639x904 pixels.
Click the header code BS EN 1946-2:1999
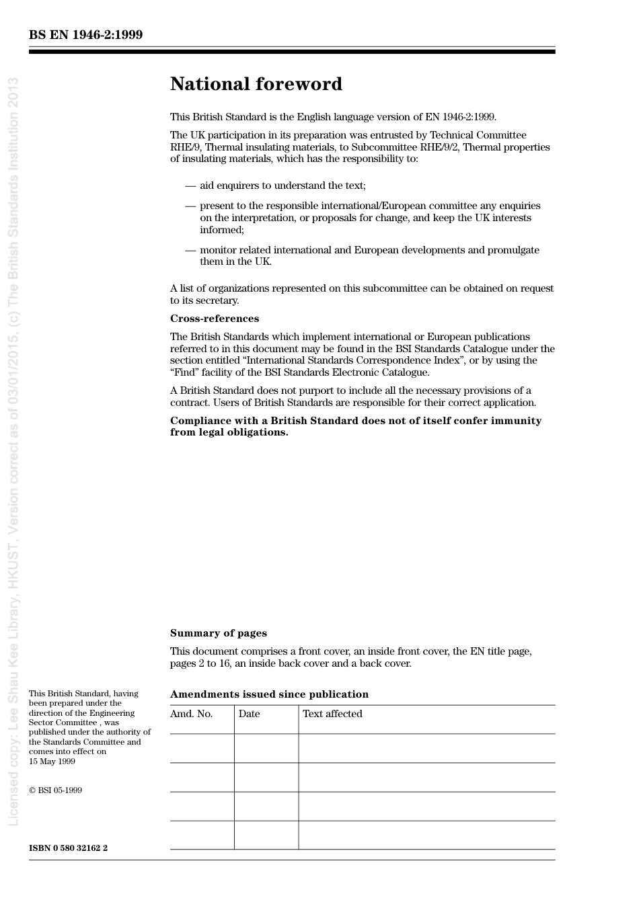point(85,35)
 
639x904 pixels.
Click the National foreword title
point(256,84)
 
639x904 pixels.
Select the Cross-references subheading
point(214,319)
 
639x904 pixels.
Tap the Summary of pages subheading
point(218,633)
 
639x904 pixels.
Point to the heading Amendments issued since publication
point(269,694)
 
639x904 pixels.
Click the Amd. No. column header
point(191,714)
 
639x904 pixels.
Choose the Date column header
point(249,714)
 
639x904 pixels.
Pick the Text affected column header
point(332,714)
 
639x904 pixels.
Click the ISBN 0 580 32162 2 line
point(68,848)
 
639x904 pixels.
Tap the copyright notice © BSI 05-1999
point(55,790)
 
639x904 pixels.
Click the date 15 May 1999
point(52,762)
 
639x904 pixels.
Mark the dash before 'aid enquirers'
point(190,186)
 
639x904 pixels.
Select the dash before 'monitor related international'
point(190,250)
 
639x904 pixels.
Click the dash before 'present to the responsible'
point(190,206)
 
